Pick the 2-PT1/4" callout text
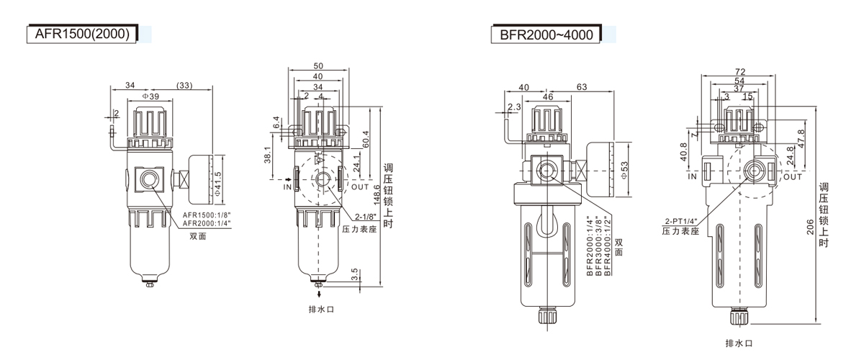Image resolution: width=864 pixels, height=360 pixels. point(682,221)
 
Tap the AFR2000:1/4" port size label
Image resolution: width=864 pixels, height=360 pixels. point(205,223)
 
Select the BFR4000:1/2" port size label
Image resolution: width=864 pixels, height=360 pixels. point(608,246)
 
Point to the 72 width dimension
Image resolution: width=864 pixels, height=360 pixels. point(740,71)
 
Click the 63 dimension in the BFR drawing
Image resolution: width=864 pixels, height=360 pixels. point(582,86)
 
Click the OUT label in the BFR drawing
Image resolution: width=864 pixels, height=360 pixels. point(792,176)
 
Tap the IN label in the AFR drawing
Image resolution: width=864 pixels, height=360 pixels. point(286,186)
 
